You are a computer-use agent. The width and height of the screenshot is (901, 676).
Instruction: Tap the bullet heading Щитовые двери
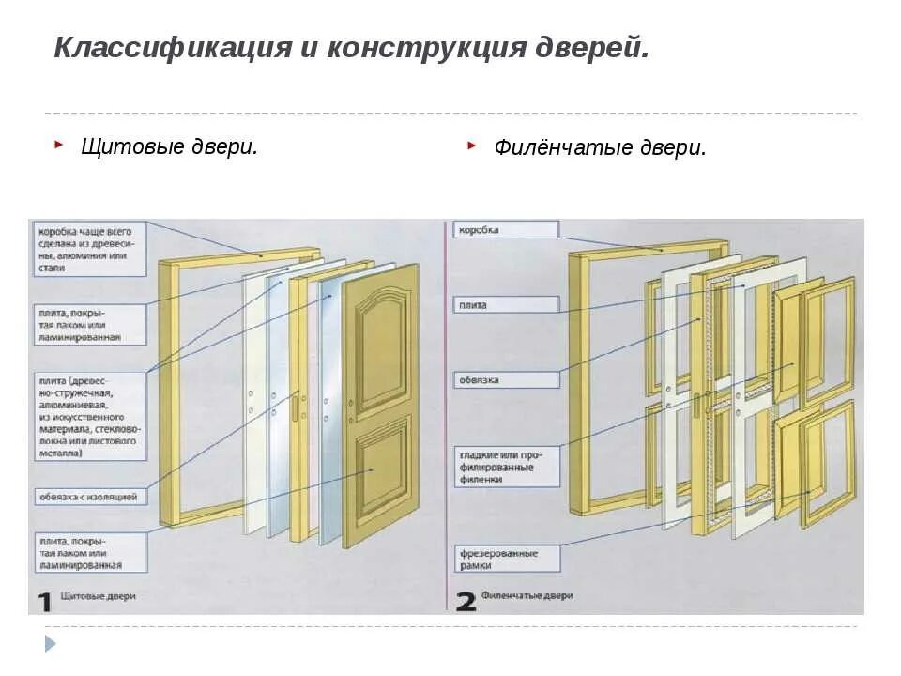[169, 146]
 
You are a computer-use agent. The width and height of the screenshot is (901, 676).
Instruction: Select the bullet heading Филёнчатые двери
[600, 148]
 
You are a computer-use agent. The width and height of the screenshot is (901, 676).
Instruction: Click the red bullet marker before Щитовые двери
[59, 145]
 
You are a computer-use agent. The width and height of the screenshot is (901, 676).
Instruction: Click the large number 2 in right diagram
[466, 601]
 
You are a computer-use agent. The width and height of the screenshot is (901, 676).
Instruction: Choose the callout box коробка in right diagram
[506, 230]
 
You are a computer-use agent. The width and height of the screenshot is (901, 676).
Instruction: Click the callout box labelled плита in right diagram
[506, 304]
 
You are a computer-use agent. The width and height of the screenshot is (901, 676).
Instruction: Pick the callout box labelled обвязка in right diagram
[506, 380]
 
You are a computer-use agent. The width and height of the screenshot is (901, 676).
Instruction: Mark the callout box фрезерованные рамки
[506, 559]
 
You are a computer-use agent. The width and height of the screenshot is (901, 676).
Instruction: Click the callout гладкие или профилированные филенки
[506, 466]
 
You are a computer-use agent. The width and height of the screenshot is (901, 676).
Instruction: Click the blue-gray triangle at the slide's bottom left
[51, 644]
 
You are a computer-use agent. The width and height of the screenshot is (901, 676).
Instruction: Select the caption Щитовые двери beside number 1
[98, 596]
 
